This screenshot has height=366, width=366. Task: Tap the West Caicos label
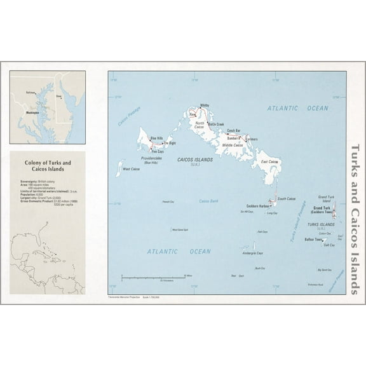[x=131, y=169]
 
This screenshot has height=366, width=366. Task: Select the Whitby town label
[x=204, y=105]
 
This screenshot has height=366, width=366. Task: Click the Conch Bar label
[x=233, y=130]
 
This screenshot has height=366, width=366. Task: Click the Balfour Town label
[x=314, y=240]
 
